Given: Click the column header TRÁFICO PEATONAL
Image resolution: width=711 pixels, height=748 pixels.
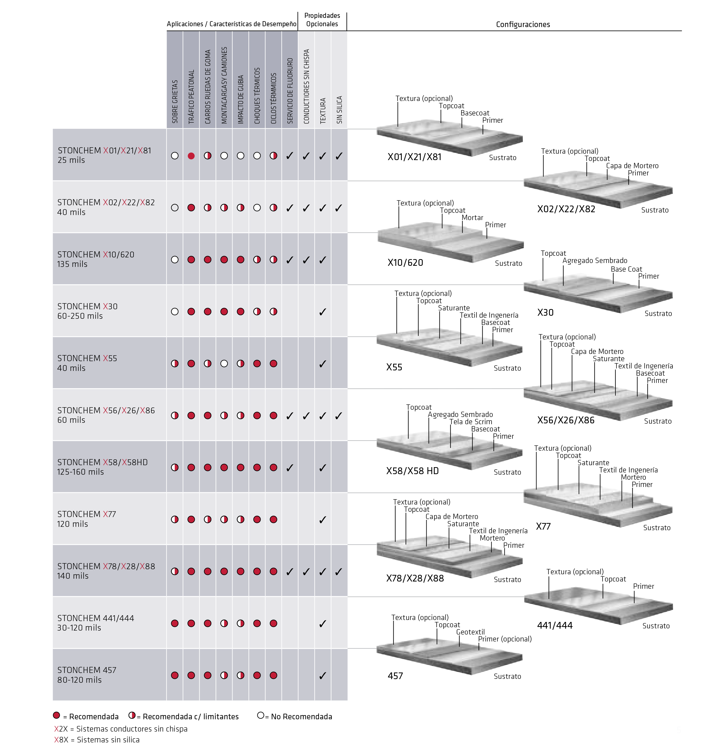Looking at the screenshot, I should (x=191, y=97).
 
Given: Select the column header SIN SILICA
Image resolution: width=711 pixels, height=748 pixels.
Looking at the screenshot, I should (x=339, y=110).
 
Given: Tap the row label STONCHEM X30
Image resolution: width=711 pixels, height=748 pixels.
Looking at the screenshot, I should (x=88, y=306).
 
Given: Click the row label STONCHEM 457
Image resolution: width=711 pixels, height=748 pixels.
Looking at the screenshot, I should (x=87, y=670).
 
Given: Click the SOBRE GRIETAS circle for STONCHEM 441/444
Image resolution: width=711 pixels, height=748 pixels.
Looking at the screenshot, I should (x=175, y=623).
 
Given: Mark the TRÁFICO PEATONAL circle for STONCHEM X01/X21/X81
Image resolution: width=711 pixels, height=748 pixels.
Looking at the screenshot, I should (x=191, y=156).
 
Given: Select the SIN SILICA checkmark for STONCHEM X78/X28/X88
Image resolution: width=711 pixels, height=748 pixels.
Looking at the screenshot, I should (x=339, y=571).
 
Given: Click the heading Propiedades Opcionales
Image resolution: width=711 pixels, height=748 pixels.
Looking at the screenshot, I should (x=322, y=20).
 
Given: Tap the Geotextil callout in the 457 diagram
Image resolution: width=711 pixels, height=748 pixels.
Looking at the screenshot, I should (x=470, y=632).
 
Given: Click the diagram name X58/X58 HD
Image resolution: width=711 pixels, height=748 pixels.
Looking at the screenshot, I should (x=412, y=471).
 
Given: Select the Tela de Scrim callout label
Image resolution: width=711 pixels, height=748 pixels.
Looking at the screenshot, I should (x=471, y=422).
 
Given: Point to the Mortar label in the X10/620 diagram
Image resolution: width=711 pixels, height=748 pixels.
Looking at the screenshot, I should (x=472, y=218).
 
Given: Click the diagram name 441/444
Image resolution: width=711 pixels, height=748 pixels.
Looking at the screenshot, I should (x=555, y=626).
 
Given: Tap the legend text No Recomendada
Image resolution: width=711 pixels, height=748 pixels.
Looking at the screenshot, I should (x=301, y=716).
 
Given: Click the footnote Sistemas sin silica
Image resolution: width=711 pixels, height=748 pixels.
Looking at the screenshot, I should (x=108, y=740).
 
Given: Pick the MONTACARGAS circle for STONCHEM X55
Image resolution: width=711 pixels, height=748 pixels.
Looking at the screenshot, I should (x=224, y=364).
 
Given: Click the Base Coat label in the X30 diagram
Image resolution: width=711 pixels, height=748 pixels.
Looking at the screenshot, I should (x=626, y=269).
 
